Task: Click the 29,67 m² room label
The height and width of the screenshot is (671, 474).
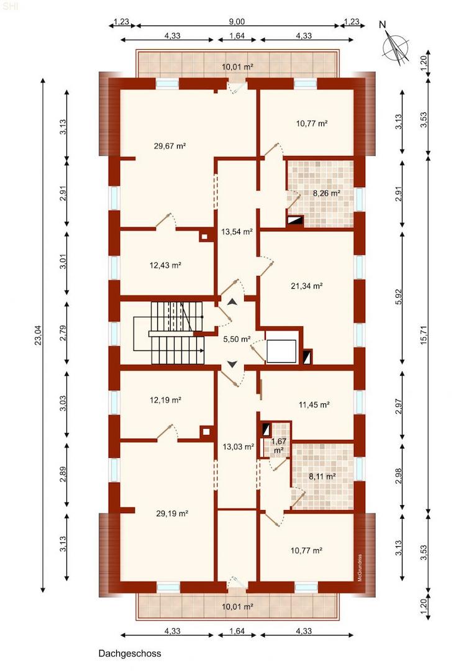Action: (x=170, y=146)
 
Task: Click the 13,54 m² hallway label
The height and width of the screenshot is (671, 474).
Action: (x=237, y=232)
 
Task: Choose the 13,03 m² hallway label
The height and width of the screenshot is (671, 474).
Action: (x=238, y=446)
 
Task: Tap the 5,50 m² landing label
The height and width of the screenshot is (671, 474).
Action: (x=236, y=340)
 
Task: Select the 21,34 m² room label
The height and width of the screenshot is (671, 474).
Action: (x=307, y=286)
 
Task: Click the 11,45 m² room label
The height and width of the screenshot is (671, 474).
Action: (x=313, y=404)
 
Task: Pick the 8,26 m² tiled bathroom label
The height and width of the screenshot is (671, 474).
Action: (x=326, y=193)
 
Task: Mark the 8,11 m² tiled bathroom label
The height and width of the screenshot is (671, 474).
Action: (x=322, y=477)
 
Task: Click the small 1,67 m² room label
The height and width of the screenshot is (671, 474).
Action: (x=278, y=445)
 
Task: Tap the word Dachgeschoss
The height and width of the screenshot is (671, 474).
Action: (x=129, y=654)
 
